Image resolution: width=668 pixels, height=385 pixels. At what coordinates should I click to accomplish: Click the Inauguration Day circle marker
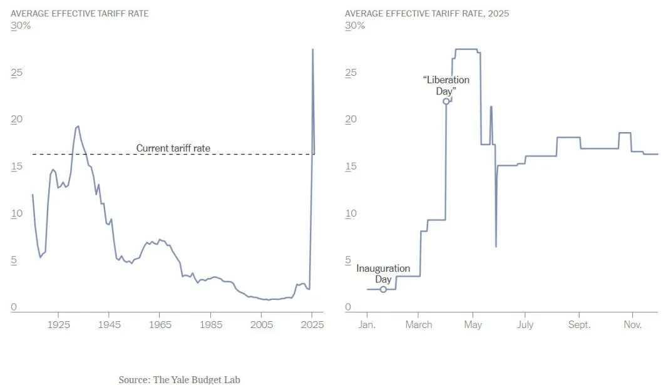click(383, 289)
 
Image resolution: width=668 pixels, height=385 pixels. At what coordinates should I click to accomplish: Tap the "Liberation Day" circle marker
click(446, 101)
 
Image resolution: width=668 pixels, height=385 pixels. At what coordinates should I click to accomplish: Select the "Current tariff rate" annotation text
click(173, 148)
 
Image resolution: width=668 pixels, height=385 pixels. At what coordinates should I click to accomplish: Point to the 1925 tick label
click(58, 324)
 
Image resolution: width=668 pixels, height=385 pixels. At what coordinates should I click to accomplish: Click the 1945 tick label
click(109, 324)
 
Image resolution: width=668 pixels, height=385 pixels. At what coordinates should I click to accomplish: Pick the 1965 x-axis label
click(160, 324)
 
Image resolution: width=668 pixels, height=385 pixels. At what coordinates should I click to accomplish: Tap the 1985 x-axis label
click(211, 324)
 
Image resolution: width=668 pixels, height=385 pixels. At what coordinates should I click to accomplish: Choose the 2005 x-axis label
click(262, 324)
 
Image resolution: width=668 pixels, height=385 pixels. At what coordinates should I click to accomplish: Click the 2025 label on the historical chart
click(312, 324)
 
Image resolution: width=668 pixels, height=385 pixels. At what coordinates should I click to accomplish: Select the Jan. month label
click(366, 324)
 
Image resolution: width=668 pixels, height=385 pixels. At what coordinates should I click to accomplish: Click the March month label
click(418, 324)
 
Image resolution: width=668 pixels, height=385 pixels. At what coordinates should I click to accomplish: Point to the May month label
click(473, 324)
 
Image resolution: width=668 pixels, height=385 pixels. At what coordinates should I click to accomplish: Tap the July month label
click(525, 324)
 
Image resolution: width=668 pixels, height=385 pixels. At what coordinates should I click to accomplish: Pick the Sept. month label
click(579, 324)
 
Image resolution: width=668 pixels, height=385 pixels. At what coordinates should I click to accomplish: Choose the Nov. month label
click(632, 324)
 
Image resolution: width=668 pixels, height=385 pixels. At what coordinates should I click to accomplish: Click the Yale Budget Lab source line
click(179, 379)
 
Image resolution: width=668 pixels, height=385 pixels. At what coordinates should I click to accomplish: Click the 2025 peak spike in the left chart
click(312, 49)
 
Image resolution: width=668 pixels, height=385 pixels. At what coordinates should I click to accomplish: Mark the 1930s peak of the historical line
click(78, 126)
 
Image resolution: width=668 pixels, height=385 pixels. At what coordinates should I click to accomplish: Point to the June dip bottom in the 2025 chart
click(496, 247)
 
